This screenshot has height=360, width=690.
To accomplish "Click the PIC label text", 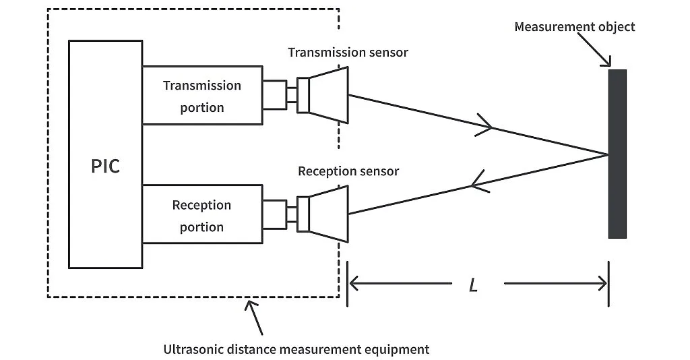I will pos(106,166).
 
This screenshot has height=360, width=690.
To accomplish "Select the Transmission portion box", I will pos(202,96).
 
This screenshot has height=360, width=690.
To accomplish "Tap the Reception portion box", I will pos(202,216).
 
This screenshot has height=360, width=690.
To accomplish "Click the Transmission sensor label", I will pos(348,52).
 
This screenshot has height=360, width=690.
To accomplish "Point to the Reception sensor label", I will pos(348,171).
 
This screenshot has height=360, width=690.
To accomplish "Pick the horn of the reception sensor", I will pos(329,214).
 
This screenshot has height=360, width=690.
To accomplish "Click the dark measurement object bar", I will pos(617,154).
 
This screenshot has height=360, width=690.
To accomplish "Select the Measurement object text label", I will pos(574,27).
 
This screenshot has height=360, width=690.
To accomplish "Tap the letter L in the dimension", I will pos(473,285).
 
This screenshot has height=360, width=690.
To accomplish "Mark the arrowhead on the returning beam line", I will pos(478,179).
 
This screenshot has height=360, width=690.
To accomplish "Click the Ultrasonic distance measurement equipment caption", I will pos(296,349).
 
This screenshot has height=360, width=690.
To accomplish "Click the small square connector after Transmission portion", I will pos(274,95).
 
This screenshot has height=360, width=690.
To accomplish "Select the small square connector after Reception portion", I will pos(274,214).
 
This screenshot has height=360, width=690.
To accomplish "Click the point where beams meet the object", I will pos(608,154).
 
